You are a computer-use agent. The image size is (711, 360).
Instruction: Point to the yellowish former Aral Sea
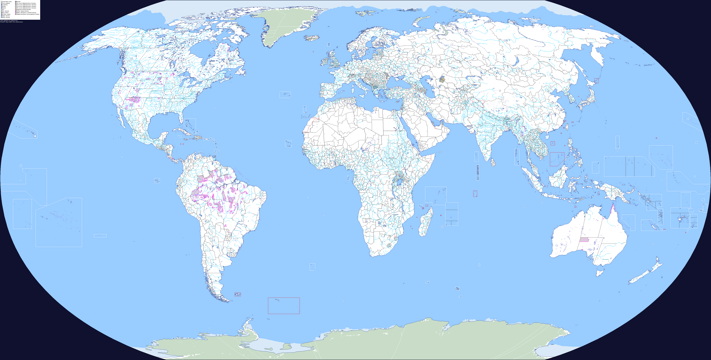(x=442, y=80)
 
